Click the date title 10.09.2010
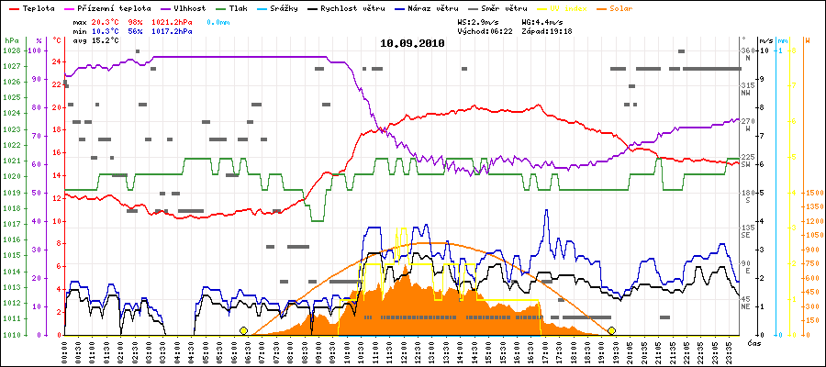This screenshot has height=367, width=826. (412, 43)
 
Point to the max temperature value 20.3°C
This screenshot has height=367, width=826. (106, 19)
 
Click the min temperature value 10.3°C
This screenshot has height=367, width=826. (106, 30)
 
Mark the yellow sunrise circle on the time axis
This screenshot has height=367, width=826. (243, 330)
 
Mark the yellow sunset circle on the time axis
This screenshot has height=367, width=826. (611, 330)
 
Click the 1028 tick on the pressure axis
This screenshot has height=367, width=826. (11, 50)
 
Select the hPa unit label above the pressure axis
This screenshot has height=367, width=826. (11, 41)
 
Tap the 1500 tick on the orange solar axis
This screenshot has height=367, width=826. (813, 193)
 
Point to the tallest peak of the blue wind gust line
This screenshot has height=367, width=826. (546, 210)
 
